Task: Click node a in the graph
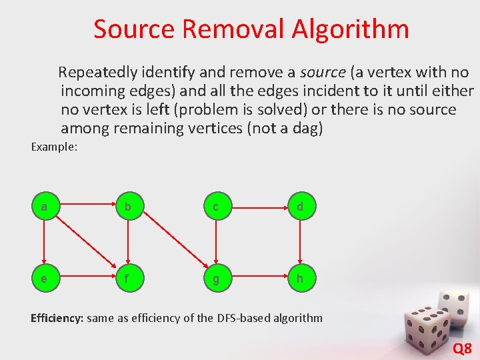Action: tap(44, 207)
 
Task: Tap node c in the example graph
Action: tap(215, 207)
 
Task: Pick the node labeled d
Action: tap(300, 207)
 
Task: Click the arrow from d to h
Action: tap(300, 243)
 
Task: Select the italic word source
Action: tap(323, 72)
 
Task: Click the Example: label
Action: tap(55, 146)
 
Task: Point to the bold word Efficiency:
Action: tap(57, 318)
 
